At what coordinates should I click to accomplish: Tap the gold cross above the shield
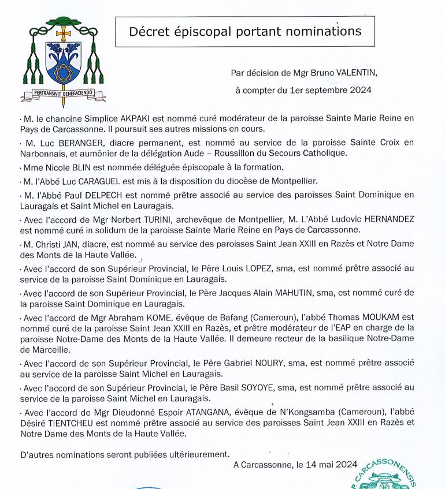[x=62, y=33]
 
